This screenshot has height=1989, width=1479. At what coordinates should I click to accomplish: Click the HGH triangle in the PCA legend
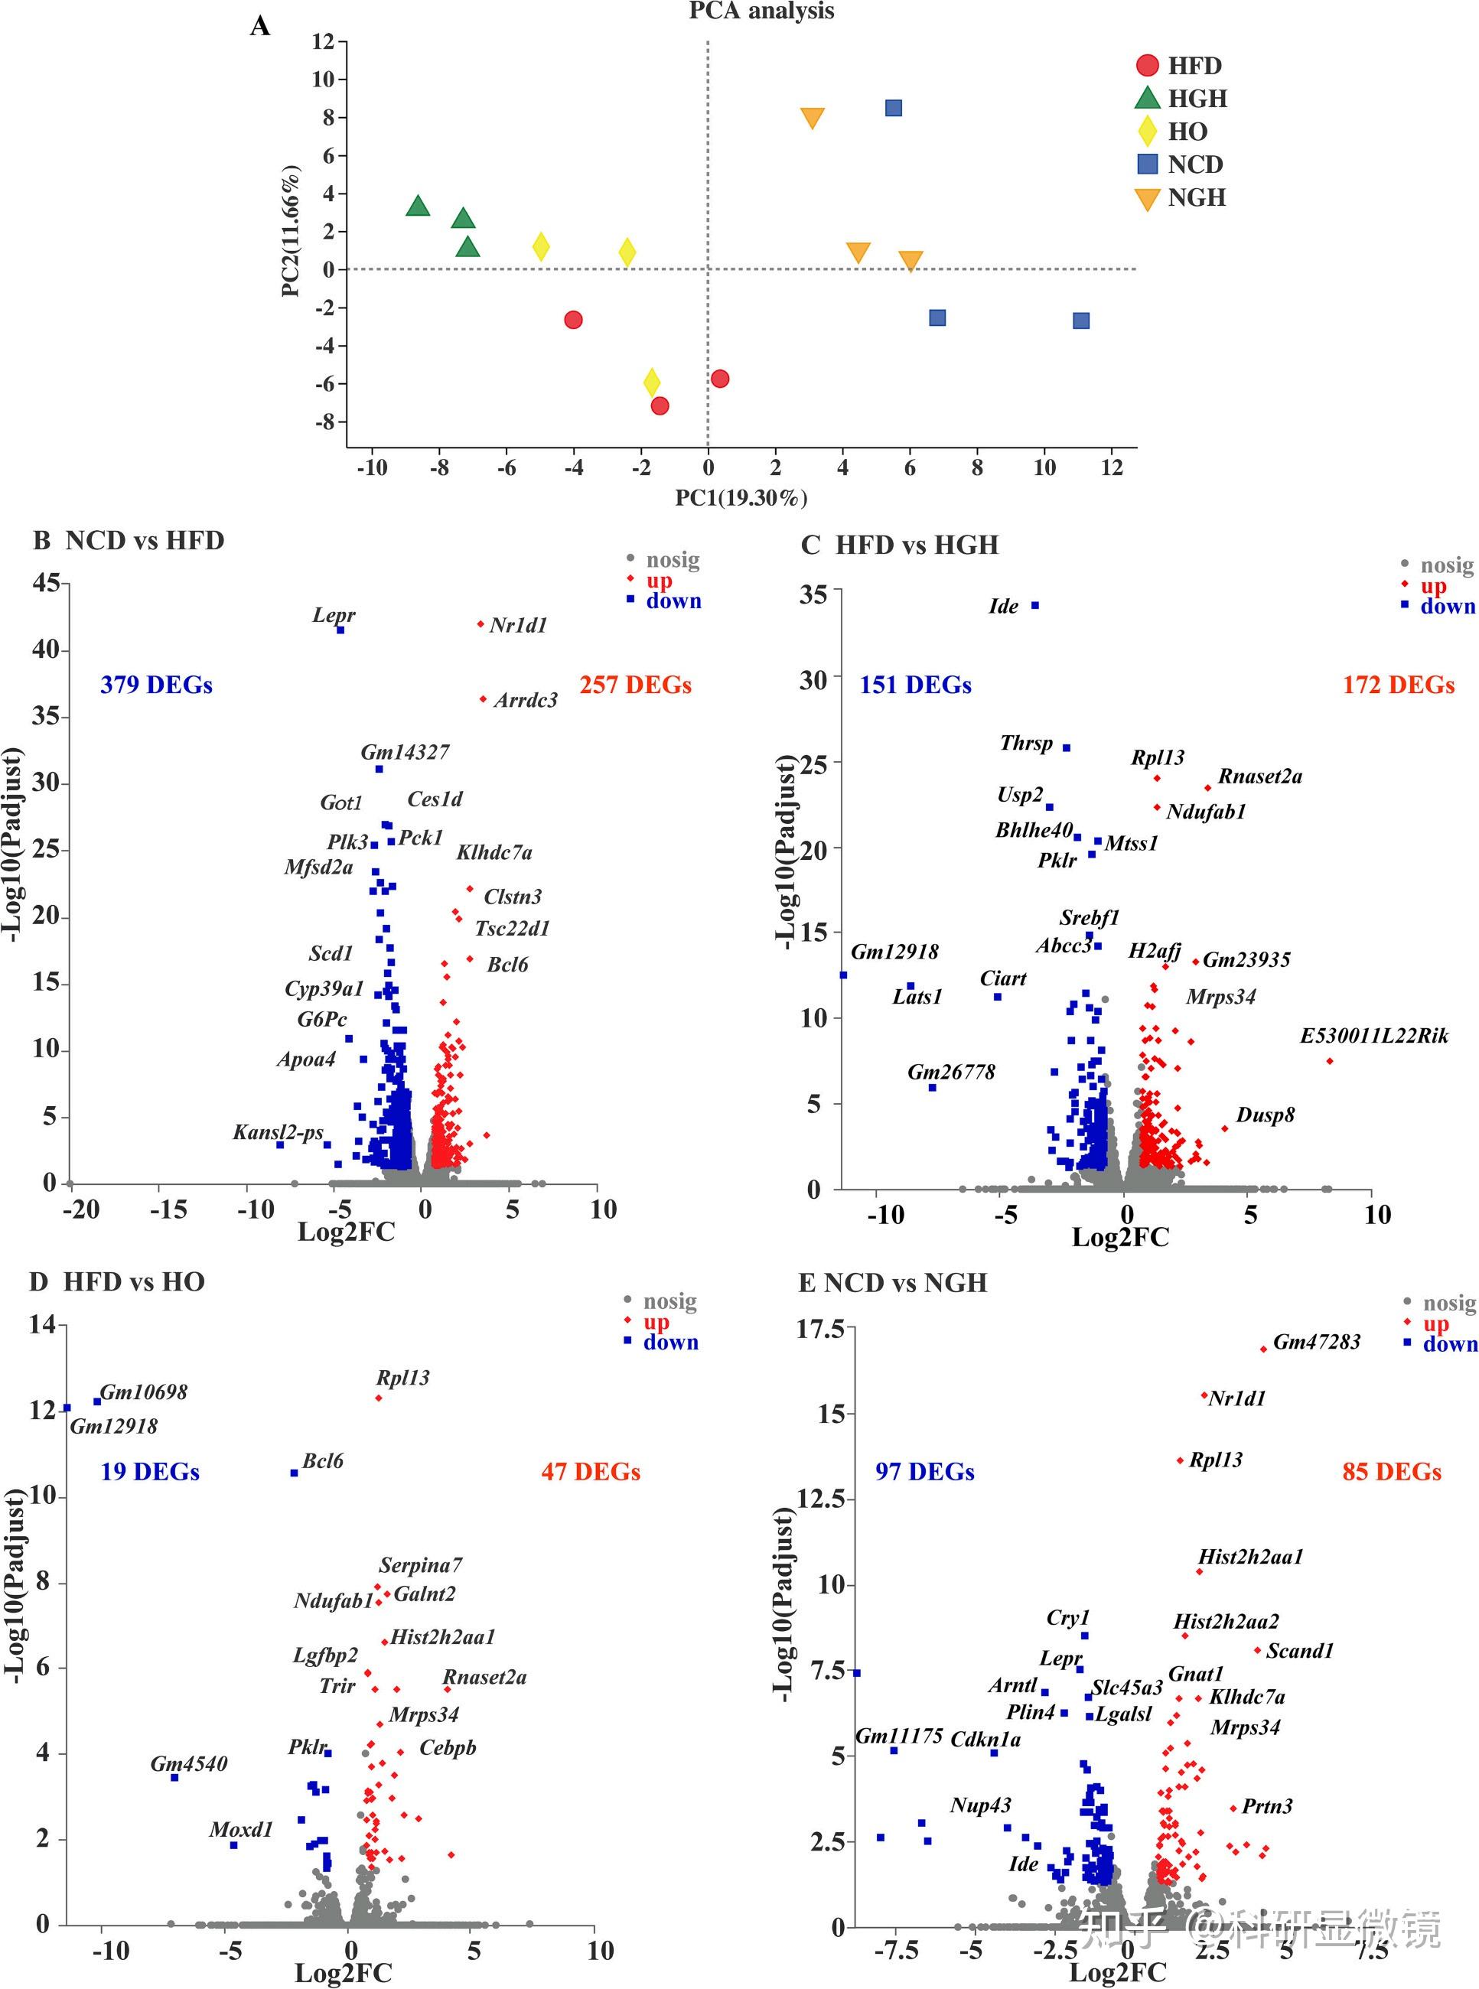(x=1147, y=98)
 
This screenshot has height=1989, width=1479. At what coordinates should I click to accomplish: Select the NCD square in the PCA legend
(x=1147, y=164)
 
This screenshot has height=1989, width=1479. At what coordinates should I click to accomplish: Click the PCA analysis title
(x=761, y=11)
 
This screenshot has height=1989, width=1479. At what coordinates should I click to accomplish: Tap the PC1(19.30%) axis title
(x=741, y=498)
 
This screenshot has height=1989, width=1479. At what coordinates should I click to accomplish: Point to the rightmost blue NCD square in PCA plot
(x=1080, y=321)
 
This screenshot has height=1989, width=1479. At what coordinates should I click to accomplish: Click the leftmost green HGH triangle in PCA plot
(x=417, y=207)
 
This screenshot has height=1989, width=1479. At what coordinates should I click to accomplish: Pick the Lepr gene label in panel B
(x=333, y=615)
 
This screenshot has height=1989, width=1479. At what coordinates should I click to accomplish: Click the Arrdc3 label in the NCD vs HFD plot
(x=526, y=700)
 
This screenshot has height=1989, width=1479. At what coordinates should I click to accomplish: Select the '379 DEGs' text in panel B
(x=157, y=685)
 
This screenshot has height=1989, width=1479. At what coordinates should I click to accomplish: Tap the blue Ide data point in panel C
(x=1035, y=605)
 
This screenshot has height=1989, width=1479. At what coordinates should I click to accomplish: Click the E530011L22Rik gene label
(x=1373, y=1036)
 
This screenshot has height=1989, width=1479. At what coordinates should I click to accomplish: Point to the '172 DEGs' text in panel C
(x=1399, y=685)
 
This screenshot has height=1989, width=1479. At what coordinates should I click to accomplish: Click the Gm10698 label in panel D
(x=143, y=1392)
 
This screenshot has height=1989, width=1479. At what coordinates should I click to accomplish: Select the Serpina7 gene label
(x=421, y=1564)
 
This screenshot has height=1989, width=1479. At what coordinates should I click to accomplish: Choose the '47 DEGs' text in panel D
(x=591, y=1472)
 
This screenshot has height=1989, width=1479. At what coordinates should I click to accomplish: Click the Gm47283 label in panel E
(x=1316, y=1342)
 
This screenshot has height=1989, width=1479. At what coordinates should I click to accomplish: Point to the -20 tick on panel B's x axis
(x=80, y=1209)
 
